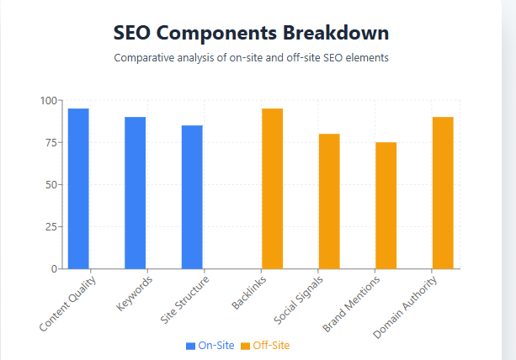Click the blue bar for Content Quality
[78, 188]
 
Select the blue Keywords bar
[136, 193]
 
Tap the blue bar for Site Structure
[192, 197]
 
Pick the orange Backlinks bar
[272, 188]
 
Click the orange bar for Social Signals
[329, 201]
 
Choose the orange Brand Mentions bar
[386, 205]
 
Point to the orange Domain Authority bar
[443, 193]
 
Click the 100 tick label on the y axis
[48, 101]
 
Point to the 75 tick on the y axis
[51, 143]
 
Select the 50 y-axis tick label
[51, 185]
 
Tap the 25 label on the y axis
[51, 227]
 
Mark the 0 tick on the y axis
[53, 269]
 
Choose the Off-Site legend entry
[265, 346]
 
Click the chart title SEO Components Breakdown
[251, 34]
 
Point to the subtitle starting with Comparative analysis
[251, 58]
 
